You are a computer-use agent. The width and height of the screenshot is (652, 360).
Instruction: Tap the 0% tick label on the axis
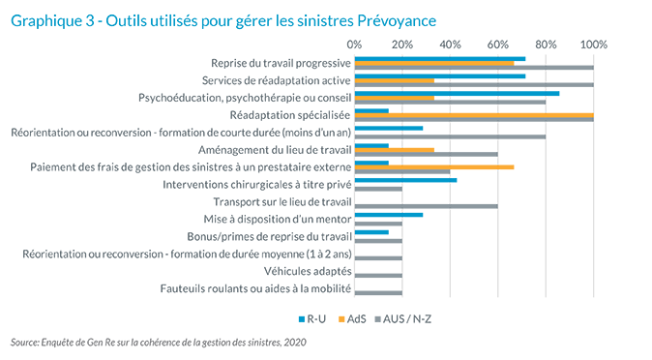[354, 44]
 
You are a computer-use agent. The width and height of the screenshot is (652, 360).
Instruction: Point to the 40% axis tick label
[450, 44]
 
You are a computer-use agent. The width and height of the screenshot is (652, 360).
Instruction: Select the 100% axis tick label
[593, 44]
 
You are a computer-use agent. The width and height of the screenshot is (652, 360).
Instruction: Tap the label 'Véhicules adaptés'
[308, 271]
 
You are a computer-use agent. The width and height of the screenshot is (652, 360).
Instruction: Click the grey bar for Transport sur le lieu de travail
[427, 206]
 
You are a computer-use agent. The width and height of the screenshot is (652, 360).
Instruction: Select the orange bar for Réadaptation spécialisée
[474, 116]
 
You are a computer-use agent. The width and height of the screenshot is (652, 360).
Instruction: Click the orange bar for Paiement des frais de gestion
[434, 167]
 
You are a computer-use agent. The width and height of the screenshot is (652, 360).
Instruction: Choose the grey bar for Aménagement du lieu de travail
[427, 154]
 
